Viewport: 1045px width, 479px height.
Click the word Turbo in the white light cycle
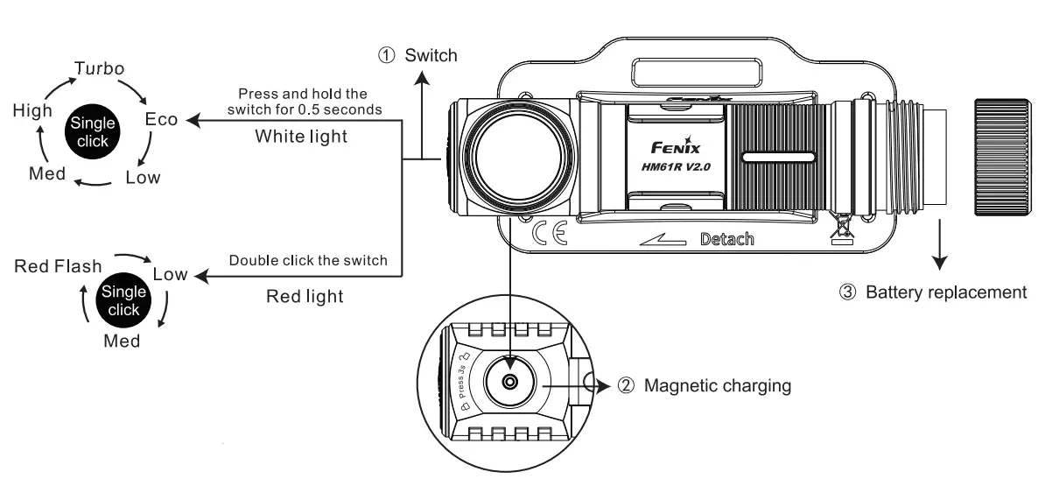tap(98, 69)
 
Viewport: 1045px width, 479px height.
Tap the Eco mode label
tap(162, 120)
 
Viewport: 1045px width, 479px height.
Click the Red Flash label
tap(58, 266)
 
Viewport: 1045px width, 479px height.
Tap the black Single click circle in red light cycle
tap(123, 300)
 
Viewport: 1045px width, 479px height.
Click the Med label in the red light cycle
tap(122, 342)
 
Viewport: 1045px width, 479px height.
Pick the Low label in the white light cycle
tap(143, 178)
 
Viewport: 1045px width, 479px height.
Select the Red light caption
tap(304, 296)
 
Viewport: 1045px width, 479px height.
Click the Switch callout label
tap(430, 56)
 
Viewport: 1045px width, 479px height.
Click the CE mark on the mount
tap(550, 233)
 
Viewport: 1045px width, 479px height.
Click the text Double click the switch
tap(307, 261)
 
